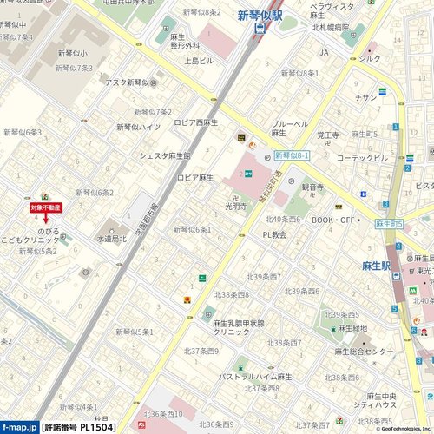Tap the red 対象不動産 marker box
point(45,208)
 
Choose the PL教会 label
point(274,234)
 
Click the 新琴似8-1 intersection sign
point(291,155)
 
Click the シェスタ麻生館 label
point(164,156)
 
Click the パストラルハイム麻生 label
point(255,377)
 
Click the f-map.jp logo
point(18,427)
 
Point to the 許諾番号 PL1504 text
point(78,427)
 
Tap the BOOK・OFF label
point(334,220)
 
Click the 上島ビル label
point(198,62)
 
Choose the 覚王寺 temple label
point(328,135)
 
